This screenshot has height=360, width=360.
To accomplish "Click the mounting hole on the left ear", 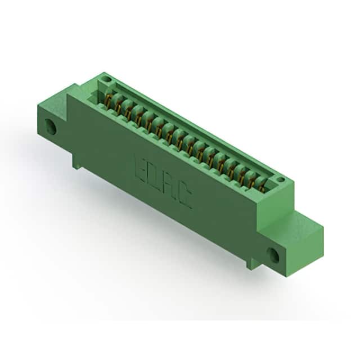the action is [x=51, y=126].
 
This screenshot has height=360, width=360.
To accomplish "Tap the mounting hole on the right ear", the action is [x=273, y=255].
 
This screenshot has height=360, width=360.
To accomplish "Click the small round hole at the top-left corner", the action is [x=107, y=79].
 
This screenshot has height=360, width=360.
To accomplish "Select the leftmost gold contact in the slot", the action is [x=108, y=99].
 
